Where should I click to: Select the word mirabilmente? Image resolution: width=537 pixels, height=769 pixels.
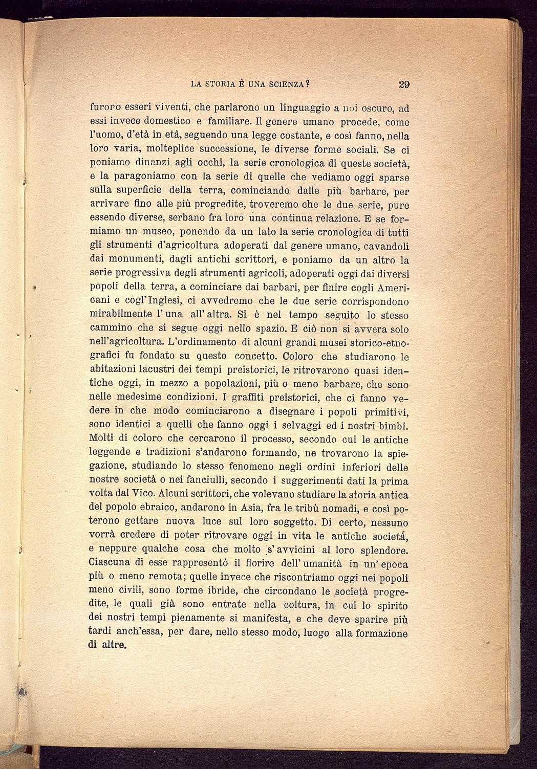click(120, 315)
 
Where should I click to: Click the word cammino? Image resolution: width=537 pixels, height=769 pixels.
click(111, 328)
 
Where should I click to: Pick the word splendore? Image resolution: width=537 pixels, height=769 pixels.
click(380, 550)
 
